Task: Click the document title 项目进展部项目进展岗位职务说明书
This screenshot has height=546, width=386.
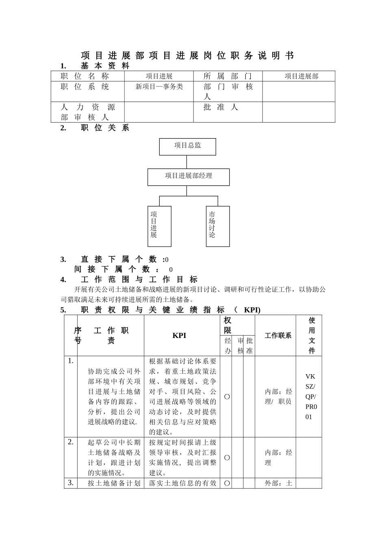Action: (187, 56)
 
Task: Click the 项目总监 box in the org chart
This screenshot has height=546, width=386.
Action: (187, 146)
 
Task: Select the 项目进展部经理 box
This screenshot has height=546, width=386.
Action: (189, 177)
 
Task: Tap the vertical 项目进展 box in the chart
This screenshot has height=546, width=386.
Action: (159, 226)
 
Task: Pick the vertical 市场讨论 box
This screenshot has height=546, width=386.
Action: (217, 226)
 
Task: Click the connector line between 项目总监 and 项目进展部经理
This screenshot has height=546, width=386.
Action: (187, 162)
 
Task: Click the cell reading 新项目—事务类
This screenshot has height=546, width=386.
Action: (159, 87)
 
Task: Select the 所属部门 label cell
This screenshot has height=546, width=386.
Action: (228, 76)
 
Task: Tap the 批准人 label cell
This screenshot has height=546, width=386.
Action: (221, 107)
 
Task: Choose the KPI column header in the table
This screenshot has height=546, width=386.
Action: (179, 335)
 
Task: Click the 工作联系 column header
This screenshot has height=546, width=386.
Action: (278, 335)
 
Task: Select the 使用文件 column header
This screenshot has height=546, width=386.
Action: (312, 335)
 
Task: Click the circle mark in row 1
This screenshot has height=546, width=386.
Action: (227, 396)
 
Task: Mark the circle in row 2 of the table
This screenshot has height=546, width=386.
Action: (227, 457)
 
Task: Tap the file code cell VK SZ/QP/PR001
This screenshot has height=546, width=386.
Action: (310, 396)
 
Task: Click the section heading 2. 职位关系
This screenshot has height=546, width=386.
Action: (95, 128)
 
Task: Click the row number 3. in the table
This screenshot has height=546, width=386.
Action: (70, 483)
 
